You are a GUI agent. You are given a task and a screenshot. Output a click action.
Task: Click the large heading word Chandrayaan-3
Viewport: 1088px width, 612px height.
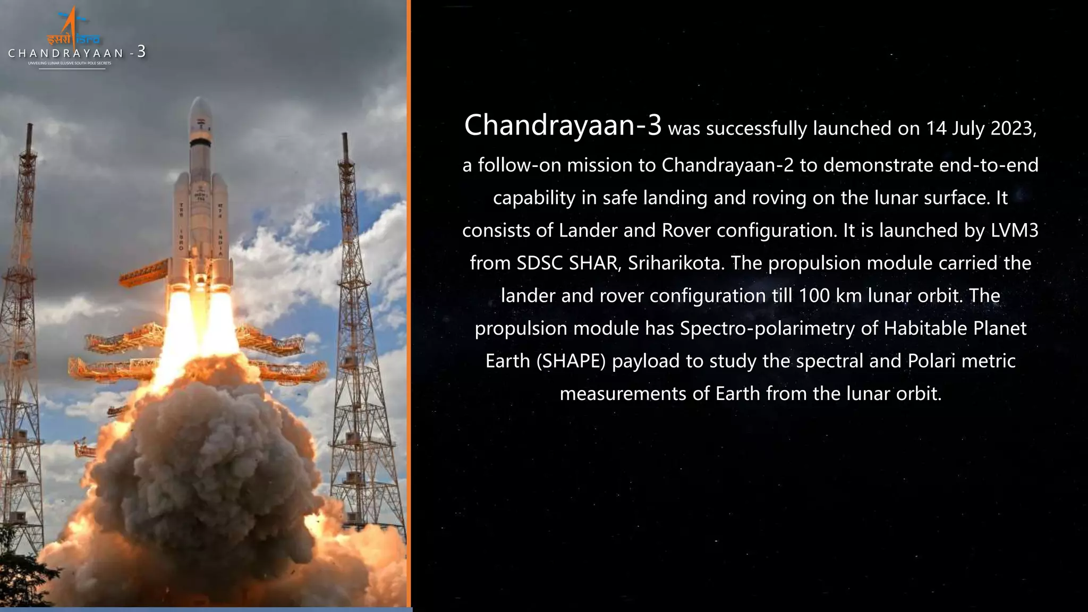click(x=563, y=125)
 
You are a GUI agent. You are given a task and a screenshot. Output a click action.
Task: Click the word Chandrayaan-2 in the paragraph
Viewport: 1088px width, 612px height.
click(x=727, y=165)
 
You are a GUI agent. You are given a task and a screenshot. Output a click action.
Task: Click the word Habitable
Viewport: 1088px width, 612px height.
click(x=926, y=328)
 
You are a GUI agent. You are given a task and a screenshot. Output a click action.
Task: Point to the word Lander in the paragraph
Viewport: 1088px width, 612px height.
click(x=580, y=231)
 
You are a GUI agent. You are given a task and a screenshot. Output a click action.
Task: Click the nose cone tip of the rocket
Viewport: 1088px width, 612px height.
click(x=198, y=99)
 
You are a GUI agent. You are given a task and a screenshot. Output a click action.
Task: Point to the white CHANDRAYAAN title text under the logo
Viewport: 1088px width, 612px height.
click(x=66, y=53)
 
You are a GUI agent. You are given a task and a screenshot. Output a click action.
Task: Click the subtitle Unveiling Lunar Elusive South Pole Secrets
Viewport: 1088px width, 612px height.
click(x=70, y=63)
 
